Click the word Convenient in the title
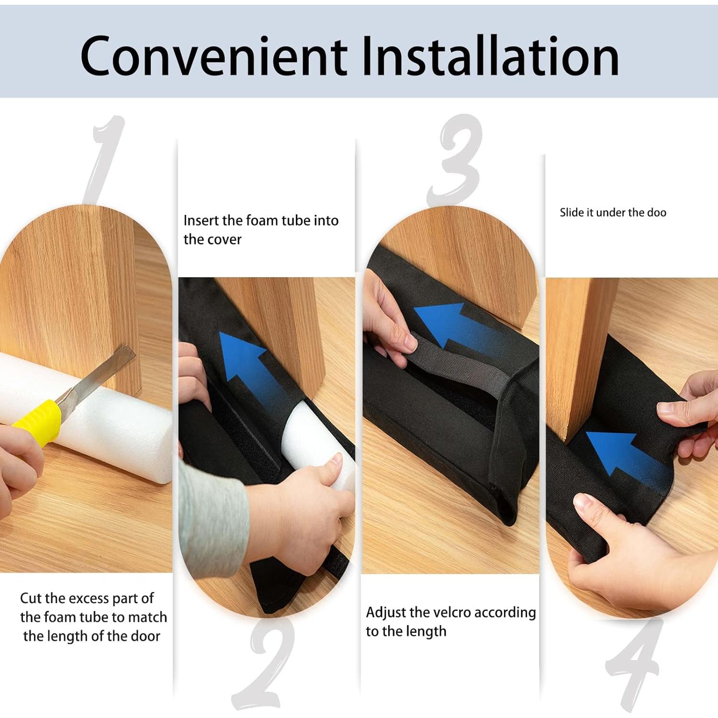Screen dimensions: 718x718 coord(213,56)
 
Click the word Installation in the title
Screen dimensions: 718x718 coord(489,56)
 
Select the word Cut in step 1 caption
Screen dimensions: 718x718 coord(31,598)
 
